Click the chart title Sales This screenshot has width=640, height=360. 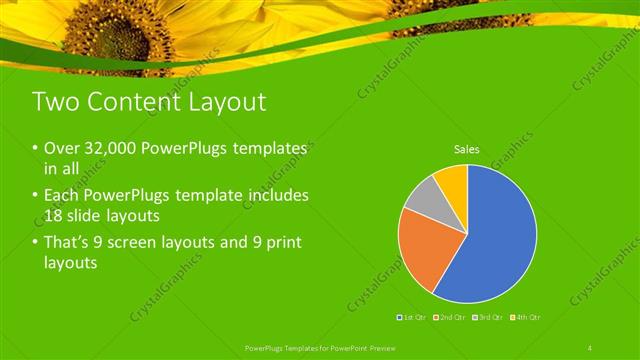(x=467, y=149)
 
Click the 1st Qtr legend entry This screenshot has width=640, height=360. (x=413, y=317)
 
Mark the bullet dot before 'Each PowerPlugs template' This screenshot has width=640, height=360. (x=36, y=196)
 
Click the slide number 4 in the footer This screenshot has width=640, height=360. (x=590, y=347)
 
